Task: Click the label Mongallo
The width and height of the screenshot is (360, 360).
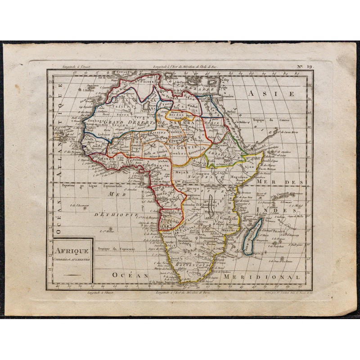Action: pos(229,218)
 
